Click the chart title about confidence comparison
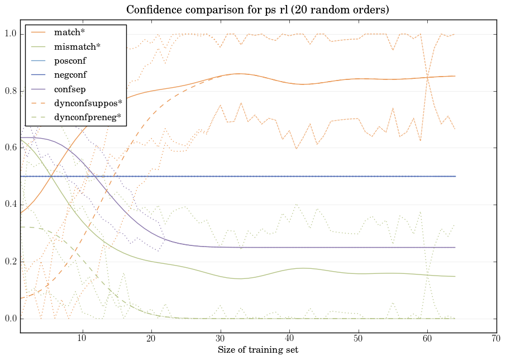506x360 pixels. click(x=257, y=10)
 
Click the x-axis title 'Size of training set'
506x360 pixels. click(x=257, y=350)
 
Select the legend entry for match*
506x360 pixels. click(x=66, y=32)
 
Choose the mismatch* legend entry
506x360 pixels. click(x=71, y=46)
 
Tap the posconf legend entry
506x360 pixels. click(x=70, y=60)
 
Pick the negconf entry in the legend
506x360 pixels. click(x=70, y=74)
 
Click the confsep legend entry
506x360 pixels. click(x=70, y=88)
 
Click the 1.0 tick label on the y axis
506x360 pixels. click(x=9, y=34)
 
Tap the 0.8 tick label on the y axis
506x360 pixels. click(x=9, y=91)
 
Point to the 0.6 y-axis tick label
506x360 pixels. click(x=9, y=148)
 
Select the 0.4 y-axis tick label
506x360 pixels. click(x=9, y=205)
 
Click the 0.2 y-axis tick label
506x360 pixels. click(x=9, y=262)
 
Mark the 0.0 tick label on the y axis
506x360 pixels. click(x=9, y=319)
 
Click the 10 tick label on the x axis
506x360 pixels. click(x=82, y=338)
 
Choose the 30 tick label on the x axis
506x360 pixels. click(x=220, y=338)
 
